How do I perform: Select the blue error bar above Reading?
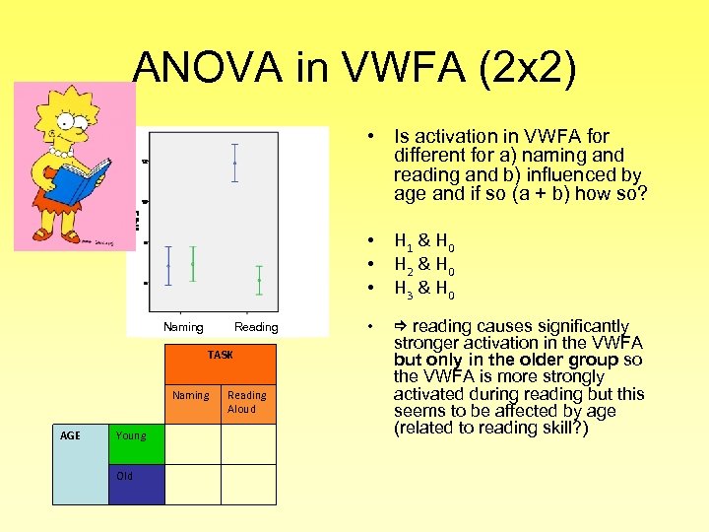pos(234,163)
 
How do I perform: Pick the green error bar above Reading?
pos(259,280)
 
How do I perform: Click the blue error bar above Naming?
pos(169,266)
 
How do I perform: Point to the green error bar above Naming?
pos(193,264)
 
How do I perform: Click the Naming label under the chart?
pos(183,327)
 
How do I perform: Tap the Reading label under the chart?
pos(256,327)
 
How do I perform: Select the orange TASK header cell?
pos(221,355)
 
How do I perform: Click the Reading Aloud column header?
pos(247,402)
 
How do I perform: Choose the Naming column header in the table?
pos(191,396)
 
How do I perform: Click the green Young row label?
pos(136,443)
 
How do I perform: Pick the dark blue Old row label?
pos(136,484)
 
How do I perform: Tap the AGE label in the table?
pos(80,464)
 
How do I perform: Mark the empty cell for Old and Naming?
pos(192,484)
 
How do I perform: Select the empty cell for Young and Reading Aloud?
pos(248,443)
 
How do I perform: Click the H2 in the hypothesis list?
pos(403,265)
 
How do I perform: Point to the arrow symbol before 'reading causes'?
pos(400,326)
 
